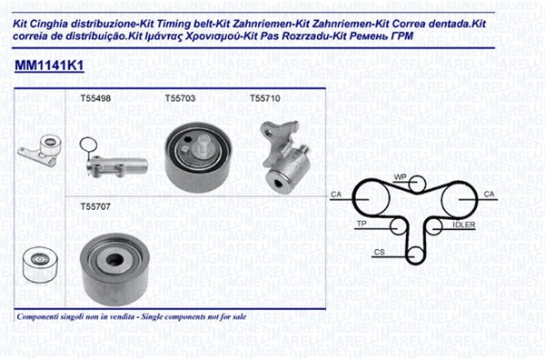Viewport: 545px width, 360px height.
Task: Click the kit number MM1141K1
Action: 49,65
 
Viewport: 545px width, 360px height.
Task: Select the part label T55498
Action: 95,98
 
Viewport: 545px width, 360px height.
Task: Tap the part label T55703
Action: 180,98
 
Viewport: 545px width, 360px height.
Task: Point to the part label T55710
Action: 265,98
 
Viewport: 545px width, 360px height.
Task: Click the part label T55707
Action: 95,206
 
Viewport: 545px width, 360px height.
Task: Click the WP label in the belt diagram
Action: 400,177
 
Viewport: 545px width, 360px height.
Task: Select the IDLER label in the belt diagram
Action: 463,225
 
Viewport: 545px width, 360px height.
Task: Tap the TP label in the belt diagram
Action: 362,224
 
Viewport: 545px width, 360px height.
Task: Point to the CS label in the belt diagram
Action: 379,252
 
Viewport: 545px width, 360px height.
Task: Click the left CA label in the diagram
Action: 336,194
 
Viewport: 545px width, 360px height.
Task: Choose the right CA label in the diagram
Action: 489,194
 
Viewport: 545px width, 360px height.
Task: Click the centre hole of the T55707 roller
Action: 115,259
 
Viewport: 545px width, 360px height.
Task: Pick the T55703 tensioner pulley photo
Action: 198,157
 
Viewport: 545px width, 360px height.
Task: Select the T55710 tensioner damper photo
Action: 285,156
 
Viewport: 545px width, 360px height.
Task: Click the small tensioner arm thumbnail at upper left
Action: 40,151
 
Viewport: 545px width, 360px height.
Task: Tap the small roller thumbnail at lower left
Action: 39,264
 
